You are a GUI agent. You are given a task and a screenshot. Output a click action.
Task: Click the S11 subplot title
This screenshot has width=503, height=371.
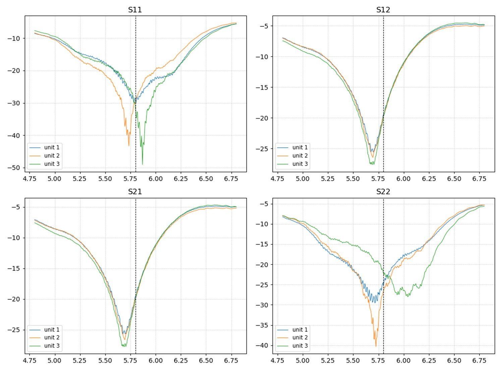point(135,10)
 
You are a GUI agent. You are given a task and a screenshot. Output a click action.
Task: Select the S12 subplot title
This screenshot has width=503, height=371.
point(383,10)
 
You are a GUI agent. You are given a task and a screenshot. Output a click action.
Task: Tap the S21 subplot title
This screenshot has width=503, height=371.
point(135,192)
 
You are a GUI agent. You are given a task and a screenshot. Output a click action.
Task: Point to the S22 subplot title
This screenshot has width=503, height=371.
point(383,192)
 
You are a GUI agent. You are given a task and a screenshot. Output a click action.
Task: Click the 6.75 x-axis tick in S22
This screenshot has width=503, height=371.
point(479,361)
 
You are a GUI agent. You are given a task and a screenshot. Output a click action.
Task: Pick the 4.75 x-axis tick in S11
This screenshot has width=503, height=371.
point(30,179)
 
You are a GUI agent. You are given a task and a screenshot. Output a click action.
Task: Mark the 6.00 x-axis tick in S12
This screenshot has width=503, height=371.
point(403,179)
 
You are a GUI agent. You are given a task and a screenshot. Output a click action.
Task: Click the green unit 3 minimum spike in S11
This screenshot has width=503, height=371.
point(143,164)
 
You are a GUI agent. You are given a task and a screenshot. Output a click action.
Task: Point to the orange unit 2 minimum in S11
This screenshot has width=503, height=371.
point(128,145)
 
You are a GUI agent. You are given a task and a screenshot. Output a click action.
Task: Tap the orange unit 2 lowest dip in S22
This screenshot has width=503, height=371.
point(376,346)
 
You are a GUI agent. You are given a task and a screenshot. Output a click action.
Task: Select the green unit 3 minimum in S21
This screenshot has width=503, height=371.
point(124,346)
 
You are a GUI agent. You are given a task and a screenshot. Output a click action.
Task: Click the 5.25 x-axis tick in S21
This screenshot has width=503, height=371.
point(80,361)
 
